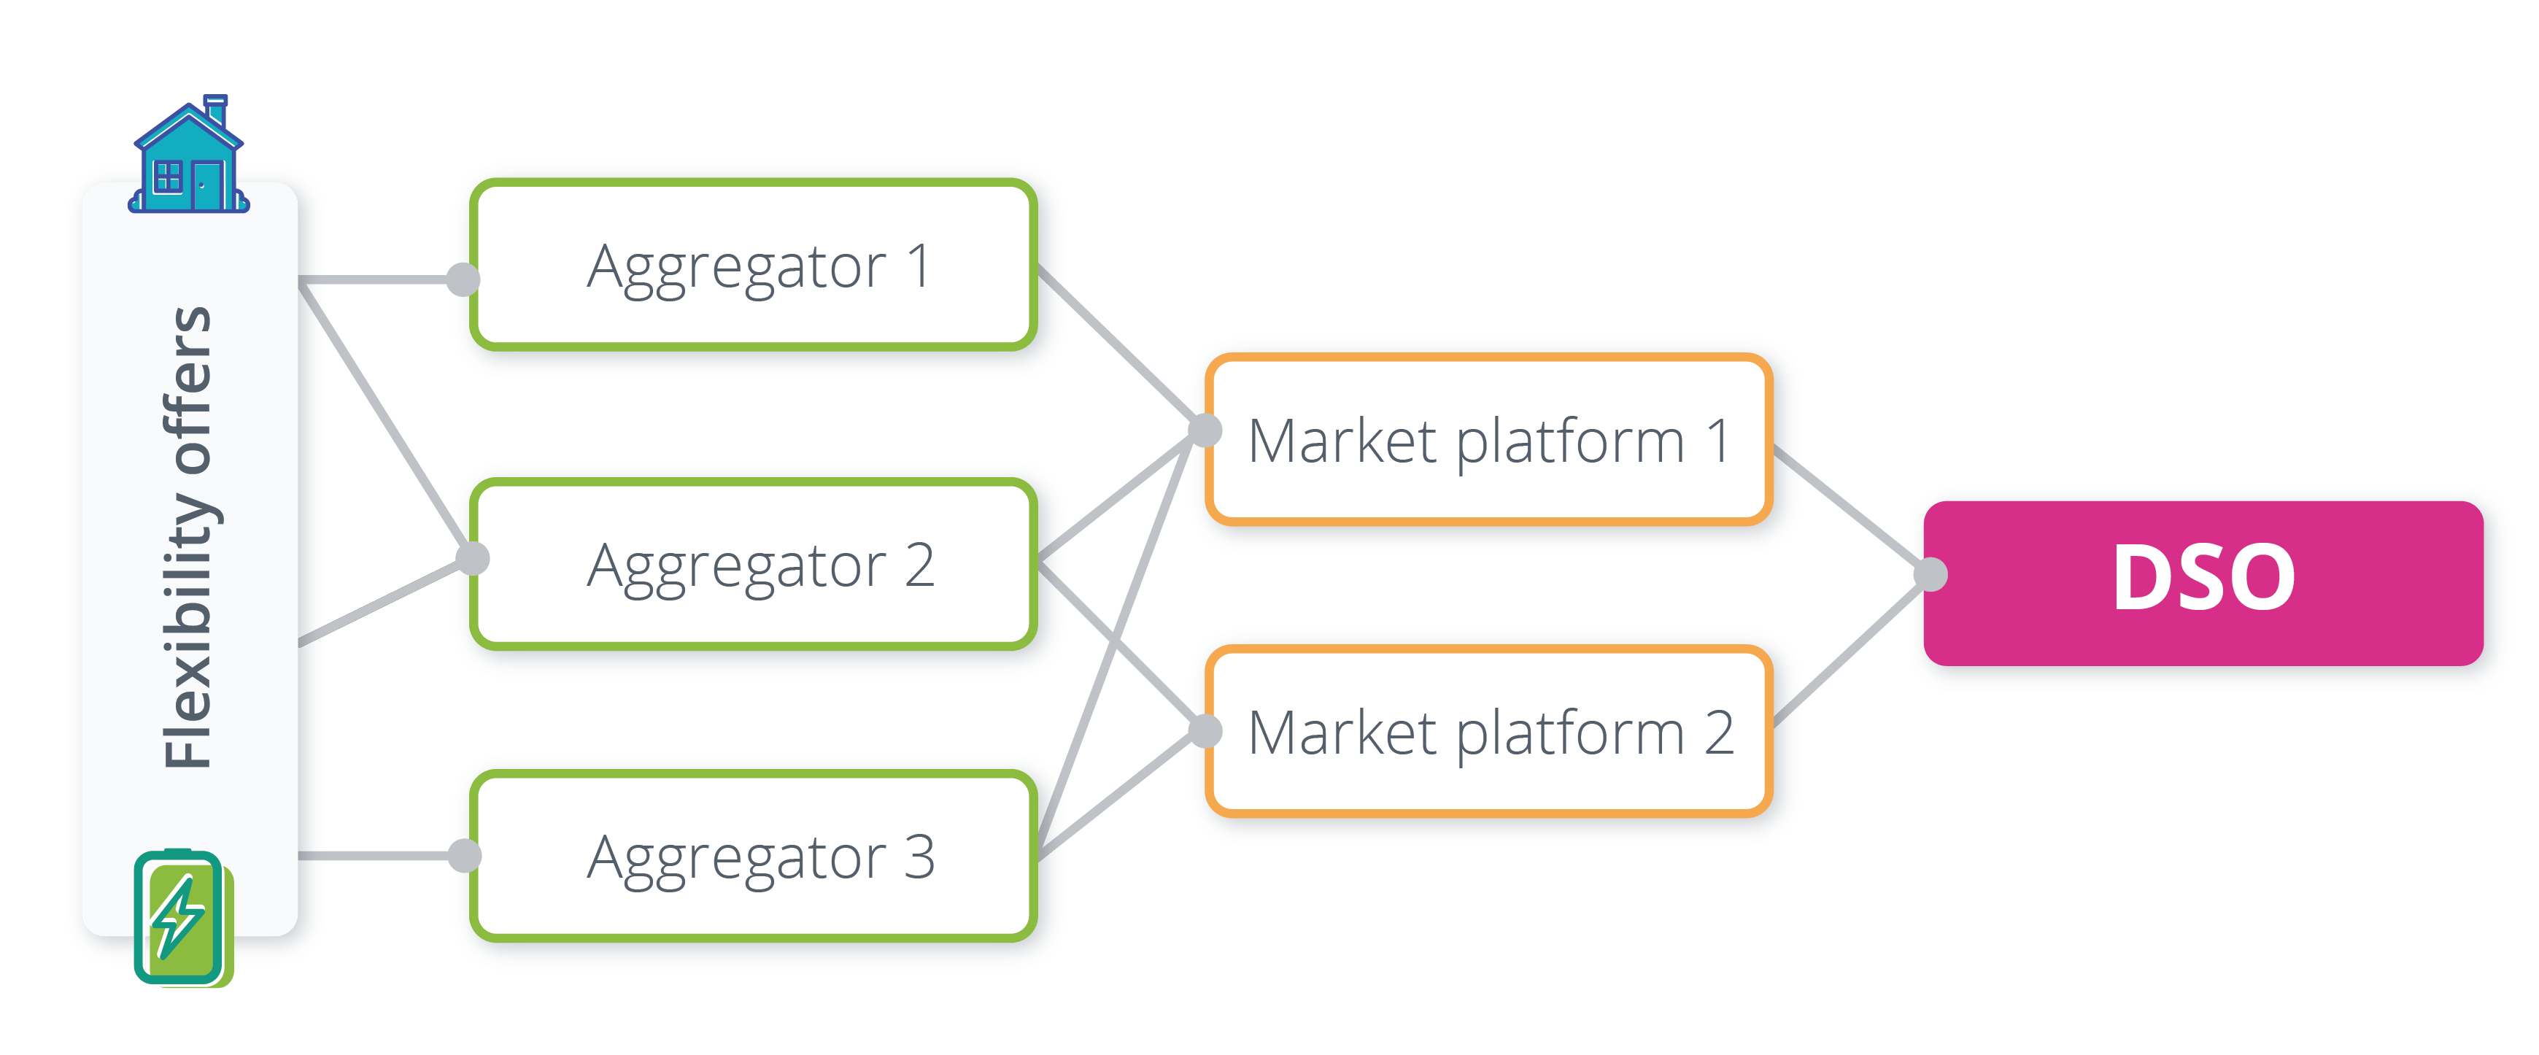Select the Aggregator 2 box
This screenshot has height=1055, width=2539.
pyautogui.click(x=754, y=565)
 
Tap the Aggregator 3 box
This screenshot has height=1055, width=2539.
pyautogui.click(x=754, y=857)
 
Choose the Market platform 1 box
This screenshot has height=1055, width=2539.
pyautogui.click(x=1488, y=440)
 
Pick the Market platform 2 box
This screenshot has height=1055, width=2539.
pyautogui.click(x=1488, y=732)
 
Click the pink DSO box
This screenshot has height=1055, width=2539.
pyautogui.click(x=2203, y=581)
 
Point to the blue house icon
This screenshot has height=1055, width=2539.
pyautogui.click(x=188, y=163)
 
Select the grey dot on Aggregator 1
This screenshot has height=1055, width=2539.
pyautogui.click(x=463, y=279)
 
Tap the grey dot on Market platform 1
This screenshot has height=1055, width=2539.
pyautogui.click(x=1205, y=430)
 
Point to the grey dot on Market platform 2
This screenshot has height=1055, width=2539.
pyautogui.click(x=1205, y=730)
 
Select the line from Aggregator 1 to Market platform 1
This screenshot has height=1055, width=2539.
pyautogui.click(x=1118, y=345)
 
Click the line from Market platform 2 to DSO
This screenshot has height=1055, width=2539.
pyautogui.click(x=1848, y=653)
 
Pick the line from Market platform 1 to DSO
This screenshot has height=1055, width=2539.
pyautogui.click(x=1848, y=508)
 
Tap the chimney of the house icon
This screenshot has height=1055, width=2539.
pyautogui.click(x=215, y=109)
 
